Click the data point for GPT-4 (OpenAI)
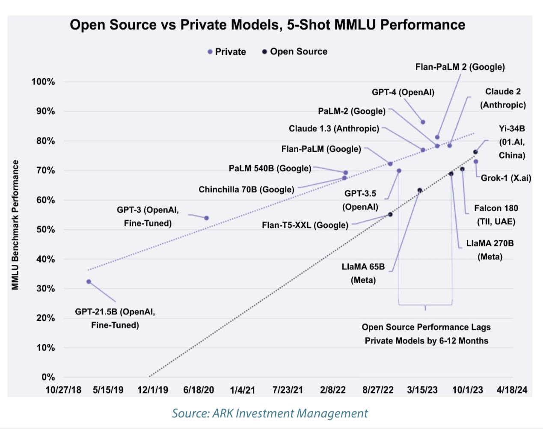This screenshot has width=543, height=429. click(x=423, y=122)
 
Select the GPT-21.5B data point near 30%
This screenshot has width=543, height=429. click(x=89, y=281)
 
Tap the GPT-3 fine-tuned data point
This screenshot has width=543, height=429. click(x=206, y=218)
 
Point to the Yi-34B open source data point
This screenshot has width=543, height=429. click(x=475, y=152)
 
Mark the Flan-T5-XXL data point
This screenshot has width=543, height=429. click(x=390, y=214)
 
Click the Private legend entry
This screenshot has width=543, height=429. click(x=226, y=52)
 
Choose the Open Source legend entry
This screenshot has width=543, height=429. click(x=295, y=52)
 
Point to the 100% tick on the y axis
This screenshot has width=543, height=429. click(x=43, y=82)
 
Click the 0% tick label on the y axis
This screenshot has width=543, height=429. click(x=48, y=377)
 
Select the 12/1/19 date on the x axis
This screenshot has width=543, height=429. click(x=152, y=390)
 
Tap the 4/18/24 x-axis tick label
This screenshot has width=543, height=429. click(x=512, y=390)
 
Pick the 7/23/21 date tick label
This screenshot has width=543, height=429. click(x=288, y=390)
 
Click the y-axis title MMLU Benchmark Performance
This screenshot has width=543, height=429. click(x=15, y=225)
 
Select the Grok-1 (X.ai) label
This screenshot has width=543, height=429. click(x=506, y=178)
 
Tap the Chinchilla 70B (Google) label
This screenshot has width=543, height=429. click(x=246, y=189)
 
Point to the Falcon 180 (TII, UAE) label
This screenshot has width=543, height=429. click(x=496, y=215)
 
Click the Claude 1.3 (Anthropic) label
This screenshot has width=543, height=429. click(x=334, y=129)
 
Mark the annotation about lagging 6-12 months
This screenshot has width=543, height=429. click(x=426, y=334)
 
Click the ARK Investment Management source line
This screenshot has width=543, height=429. click(x=270, y=413)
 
